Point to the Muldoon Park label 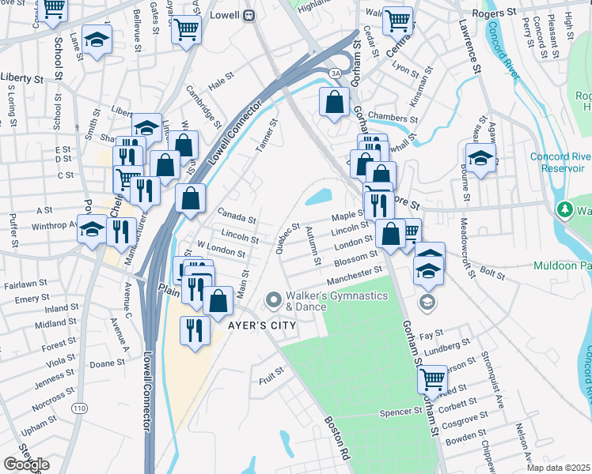coord(563,266)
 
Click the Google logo coord(25,464)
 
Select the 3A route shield coord(335,73)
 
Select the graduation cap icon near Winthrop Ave coord(93,228)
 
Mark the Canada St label coord(237,218)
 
